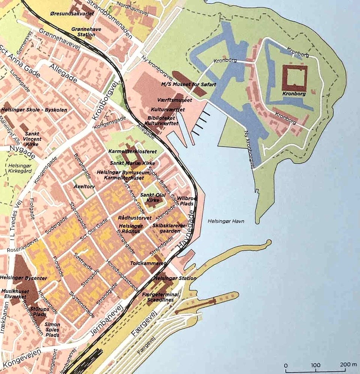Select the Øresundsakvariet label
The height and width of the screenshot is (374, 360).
71,13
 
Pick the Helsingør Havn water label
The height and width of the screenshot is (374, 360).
226,221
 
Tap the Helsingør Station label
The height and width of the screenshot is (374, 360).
175,278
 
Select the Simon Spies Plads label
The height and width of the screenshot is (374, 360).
52,329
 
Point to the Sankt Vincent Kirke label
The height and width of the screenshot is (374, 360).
33,139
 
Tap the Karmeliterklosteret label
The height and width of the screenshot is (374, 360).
127,152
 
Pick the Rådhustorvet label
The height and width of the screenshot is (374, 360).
129,218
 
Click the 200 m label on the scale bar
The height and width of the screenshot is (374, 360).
348,365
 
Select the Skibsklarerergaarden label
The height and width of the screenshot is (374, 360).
169,228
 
